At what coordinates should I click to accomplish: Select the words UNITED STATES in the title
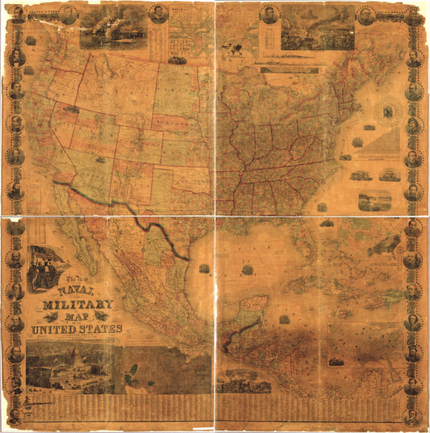pos(76,329)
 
